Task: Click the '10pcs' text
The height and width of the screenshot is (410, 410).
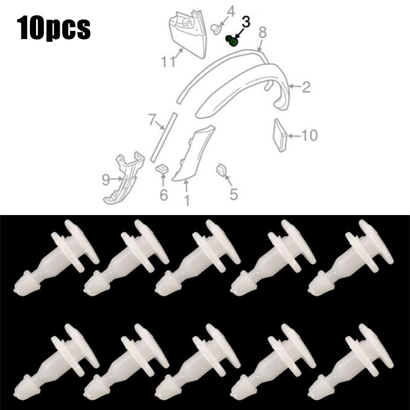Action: tap(54, 27)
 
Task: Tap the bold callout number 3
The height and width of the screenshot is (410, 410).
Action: tap(246, 23)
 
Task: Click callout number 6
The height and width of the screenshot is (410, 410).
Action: tap(163, 195)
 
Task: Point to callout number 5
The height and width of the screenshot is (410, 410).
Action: tap(233, 194)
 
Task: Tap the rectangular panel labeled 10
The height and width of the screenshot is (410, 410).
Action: tap(280, 135)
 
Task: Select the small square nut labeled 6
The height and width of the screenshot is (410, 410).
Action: tap(162, 168)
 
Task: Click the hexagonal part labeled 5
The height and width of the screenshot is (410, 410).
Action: tap(221, 170)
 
